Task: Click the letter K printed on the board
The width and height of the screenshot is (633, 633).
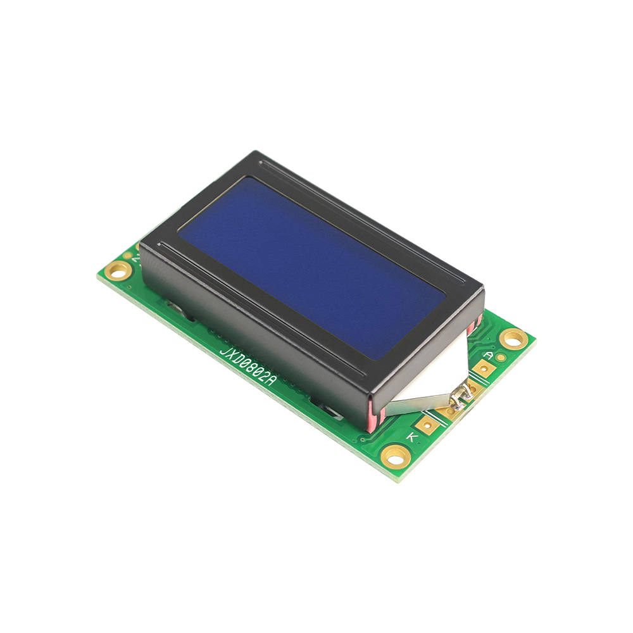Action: tap(411, 437)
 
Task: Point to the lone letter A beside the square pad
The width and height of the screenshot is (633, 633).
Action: tap(489, 356)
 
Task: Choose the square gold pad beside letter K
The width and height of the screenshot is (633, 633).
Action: tap(426, 425)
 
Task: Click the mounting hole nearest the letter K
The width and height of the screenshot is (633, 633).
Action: tap(396, 456)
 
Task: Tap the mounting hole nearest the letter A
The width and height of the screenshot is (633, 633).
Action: tap(513, 339)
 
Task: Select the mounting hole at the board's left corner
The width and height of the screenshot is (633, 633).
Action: tap(118, 270)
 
